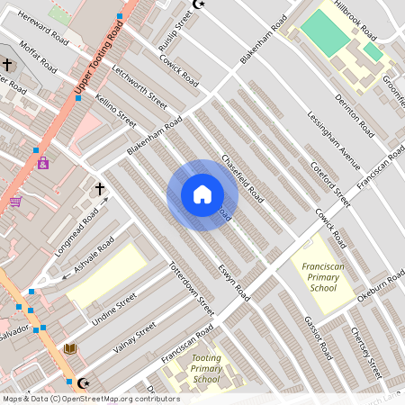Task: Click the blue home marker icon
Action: (x=202, y=194)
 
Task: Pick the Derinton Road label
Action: (x=353, y=114)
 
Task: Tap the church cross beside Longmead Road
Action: (x=99, y=189)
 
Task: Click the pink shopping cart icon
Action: (x=15, y=202)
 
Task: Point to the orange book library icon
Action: (x=70, y=348)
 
